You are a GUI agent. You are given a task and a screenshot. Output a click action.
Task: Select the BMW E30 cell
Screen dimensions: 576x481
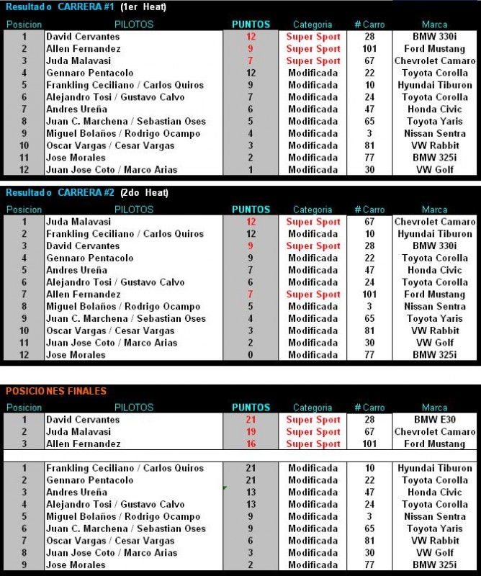click(435, 420)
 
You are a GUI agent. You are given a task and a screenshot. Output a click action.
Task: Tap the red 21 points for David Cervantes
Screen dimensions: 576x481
click(251, 420)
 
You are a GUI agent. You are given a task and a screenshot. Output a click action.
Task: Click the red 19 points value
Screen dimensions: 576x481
click(251, 432)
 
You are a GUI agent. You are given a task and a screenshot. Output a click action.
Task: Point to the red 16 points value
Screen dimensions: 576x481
click(251, 444)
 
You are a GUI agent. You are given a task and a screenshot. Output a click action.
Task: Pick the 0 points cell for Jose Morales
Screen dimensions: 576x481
click(251, 355)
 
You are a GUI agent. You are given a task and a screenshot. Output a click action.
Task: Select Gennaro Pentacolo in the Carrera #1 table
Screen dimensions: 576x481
click(89, 73)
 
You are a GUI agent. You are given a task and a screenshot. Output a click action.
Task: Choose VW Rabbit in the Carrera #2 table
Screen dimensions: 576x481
click(435, 330)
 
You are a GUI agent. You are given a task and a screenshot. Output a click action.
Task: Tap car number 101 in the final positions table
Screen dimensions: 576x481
click(369, 444)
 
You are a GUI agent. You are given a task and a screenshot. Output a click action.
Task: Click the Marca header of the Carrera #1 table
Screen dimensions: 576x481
click(435, 24)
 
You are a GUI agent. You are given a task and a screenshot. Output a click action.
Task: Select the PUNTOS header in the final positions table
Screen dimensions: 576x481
click(251, 408)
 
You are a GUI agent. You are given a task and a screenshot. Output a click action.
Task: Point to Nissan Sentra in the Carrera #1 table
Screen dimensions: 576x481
click(435, 133)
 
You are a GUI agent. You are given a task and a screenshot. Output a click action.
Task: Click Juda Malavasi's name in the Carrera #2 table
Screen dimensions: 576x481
click(78, 222)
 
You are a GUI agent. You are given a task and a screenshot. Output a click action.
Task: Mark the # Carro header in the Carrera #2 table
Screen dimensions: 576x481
click(369, 210)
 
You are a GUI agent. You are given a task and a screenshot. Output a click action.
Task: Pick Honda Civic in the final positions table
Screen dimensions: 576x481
click(435, 492)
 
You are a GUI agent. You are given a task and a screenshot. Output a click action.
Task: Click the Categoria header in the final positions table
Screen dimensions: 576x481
click(313, 408)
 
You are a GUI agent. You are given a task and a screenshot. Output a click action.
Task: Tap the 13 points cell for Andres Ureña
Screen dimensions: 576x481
click(251, 492)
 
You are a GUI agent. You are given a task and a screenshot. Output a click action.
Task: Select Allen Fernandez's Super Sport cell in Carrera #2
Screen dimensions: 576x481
click(313, 294)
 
